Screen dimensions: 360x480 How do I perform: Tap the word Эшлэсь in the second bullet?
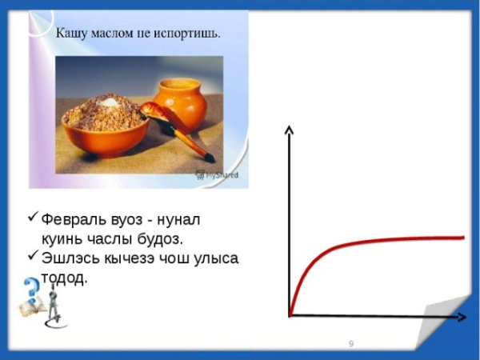[71, 258]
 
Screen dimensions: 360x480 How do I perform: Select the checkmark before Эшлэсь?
[32, 257]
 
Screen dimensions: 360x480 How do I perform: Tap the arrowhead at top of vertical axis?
[290, 130]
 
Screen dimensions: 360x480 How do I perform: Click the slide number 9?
[351, 343]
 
